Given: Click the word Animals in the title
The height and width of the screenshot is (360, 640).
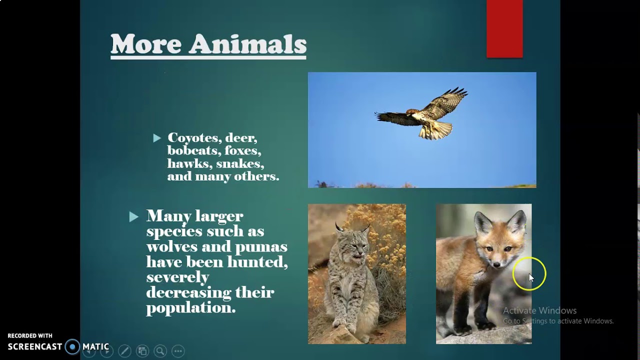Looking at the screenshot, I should pyautogui.click(x=248, y=44).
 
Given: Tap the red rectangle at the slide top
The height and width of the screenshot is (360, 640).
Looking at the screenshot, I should pyautogui.click(x=504, y=28).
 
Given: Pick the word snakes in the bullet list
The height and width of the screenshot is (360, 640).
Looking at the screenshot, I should pyautogui.click(x=240, y=163).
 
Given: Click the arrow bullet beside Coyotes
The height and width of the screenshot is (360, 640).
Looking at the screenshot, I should pyautogui.click(x=157, y=137).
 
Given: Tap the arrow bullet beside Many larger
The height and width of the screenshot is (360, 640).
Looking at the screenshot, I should pyautogui.click(x=133, y=216).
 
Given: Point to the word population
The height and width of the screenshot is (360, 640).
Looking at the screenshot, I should pyautogui.click(x=190, y=308).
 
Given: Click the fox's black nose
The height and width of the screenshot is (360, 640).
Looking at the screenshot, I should pyautogui.click(x=497, y=264).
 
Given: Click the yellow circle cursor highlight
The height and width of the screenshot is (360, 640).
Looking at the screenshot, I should pyautogui.click(x=529, y=274).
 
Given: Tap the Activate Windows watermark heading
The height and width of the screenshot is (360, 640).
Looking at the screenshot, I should pyautogui.click(x=539, y=310).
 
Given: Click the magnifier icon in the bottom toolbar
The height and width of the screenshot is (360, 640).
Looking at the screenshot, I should pyautogui.click(x=160, y=351).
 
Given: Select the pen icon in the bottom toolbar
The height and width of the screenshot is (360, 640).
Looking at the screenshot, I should pyautogui.click(x=124, y=351).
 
